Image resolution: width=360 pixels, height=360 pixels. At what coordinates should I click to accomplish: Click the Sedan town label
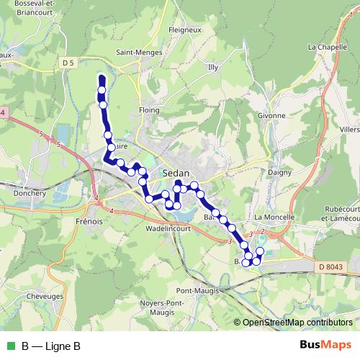click(x=176, y=174)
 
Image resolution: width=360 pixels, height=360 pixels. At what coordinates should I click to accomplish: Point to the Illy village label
click(x=212, y=67)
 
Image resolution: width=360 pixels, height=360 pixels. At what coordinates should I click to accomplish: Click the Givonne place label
click(x=271, y=115)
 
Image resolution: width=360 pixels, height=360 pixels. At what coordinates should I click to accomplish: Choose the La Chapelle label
click(x=323, y=48)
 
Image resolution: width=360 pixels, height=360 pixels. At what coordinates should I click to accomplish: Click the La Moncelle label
click(x=275, y=217)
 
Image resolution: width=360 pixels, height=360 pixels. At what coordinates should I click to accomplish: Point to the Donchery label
click(x=30, y=194)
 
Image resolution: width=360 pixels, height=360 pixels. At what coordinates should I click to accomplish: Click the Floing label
click(x=148, y=110)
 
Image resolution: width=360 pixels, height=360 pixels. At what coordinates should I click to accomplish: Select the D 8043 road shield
click(x=331, y=267)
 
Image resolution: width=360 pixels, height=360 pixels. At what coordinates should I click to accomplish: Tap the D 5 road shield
click(x=68, y=63)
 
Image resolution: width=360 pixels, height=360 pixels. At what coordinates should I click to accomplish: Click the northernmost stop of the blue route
click(x=102, y=80)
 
